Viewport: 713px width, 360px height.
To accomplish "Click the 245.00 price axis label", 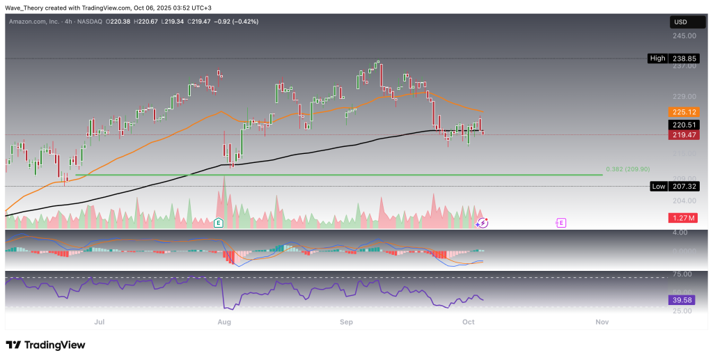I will pyautogui.click(x=683, y=36).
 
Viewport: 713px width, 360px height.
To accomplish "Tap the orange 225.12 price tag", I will pyautogui.click(x=683, y=111).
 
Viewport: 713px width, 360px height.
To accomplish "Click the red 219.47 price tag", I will pyautogui.click(x=683, y=135).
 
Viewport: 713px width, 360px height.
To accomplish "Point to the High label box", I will pyautogui.click(x=657, y=58).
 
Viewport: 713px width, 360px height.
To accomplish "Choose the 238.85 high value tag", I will pyautogui.click(x=683, y=58).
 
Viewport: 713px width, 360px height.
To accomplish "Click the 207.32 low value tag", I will pyautogui.click(x=683, y=186).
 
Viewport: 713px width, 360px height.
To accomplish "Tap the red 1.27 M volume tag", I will pyautogui.click(x=683, y=219).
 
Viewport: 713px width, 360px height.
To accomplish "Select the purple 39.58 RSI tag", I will pyautogui.click(x=683, y=299).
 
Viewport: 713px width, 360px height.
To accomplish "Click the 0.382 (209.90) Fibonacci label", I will pyautogui.click(x=627, y=169).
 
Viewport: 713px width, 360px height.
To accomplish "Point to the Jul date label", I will pyautogui.click(x=100, y=322).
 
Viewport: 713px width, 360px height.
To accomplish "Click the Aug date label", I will pyautogui.click(x=224, y=322).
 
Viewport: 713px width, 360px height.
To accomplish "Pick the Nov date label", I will pyautogui.click(x=602, y=322).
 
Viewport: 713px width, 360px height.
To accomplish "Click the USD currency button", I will pyautogui.click(x=682, y=22).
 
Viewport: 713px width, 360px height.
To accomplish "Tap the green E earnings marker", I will pyautogui.click(x=219, y=223).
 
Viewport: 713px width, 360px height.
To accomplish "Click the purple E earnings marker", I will pyautogui.click(x=561, y=223).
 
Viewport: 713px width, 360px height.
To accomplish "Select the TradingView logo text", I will pyautogui.click(x=46, y=345).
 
